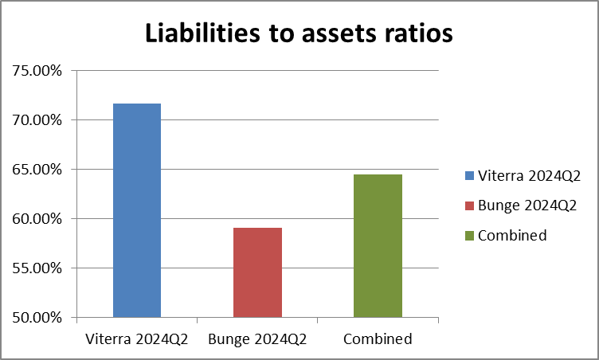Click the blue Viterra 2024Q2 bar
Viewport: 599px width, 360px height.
(x=137, y=211)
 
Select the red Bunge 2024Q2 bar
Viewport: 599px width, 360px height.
(x=257, y=272)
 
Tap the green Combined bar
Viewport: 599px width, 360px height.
(x=378, y=246)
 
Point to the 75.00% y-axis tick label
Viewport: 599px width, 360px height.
(x=38, y=71)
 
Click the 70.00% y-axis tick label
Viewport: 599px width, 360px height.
(x=38, y=120)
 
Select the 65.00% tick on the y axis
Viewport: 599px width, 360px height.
(x=38, y=170)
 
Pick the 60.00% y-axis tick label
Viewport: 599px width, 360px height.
(x=38, y=219)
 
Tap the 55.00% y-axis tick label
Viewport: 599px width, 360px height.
(x=38, y=268)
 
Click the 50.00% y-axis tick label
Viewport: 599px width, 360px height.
(x=38, y=318)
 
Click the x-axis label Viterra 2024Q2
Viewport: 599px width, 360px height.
(x=136, y=339)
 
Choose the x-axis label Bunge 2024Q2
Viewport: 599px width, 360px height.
(x=257, y=339)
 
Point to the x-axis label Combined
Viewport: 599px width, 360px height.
(x=378, y=339)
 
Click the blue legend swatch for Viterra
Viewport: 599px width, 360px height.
(x=469, y=175)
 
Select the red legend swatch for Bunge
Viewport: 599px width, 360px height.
(x=469, y=205)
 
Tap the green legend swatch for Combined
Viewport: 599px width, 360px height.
(x=469, y=236)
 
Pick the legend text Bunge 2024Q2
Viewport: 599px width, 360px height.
(x=527, y=205)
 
